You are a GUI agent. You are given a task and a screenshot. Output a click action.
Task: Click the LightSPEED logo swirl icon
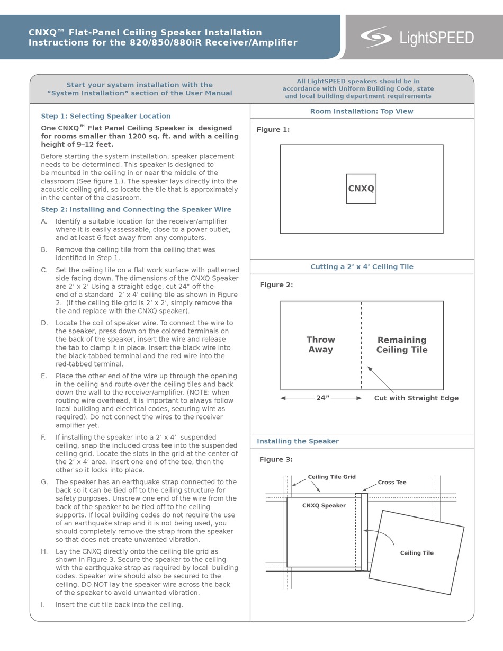coord(376,37)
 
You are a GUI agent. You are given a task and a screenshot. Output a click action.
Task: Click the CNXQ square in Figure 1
coord(361,189)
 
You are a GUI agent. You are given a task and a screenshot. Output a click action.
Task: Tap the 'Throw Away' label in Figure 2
coord(320,345)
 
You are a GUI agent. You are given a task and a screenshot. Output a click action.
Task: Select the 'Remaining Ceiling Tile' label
coord(402,345)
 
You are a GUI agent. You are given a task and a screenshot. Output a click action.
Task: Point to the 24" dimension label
coord(322,398)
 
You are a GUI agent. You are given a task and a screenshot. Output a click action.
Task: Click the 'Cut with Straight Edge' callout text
coord(416,398)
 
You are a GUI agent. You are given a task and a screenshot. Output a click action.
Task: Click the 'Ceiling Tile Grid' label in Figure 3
coord(331,477)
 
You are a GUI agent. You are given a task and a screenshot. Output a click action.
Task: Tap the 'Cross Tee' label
coord(392,483)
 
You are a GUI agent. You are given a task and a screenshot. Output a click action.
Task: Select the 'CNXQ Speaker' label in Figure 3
coord(324,506)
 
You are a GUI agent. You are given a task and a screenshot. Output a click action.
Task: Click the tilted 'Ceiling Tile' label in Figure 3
coord(417,553)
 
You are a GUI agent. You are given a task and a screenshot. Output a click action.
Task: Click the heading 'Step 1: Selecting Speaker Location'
coord(106,116)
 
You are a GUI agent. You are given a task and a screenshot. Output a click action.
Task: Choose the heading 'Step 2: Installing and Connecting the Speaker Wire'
coord(136,209)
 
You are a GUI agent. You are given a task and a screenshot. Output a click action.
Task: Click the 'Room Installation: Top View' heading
coord(362,111)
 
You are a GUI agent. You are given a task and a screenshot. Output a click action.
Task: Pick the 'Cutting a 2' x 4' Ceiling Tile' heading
coord(362,267)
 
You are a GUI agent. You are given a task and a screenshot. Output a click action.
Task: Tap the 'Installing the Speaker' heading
coord(298,441)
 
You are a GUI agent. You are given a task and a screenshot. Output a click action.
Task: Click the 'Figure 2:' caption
coord(276,285)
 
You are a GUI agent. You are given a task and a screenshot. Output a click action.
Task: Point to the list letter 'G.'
coord(44,482)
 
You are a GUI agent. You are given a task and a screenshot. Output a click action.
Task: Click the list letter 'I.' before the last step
coord(43,604)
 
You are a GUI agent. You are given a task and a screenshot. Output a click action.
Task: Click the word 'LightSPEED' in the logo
coord(436,38)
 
